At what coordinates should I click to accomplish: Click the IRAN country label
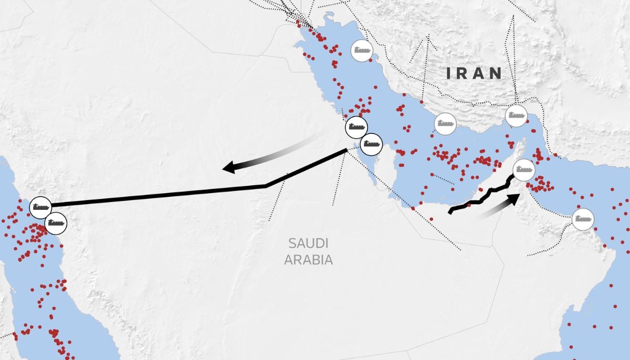click(x=474, y=73)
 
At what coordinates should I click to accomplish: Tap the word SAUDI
click(x=308, y=243)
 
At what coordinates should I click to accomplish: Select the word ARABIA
click(x=308, y=259)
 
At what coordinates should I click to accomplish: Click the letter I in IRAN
click(x=449, y=73)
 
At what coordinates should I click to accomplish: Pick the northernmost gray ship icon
click(x=362, y=51)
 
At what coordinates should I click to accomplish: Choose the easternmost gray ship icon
click(x=582, y=219)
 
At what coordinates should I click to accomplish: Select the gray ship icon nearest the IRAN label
click(x=516, y=116)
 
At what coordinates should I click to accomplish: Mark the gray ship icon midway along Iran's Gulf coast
click(x=445, y=124)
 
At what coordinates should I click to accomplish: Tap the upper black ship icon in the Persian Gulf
click(x=356, y=127)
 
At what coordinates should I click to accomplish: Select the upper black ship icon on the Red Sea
click(x=40, y=207)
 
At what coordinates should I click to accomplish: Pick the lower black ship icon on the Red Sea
click(x=56, y=223)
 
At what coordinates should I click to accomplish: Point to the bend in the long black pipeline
click(x=266, y=185)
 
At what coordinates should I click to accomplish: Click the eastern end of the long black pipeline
click(x=346, y=151)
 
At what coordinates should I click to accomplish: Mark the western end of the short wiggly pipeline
click(x=450, y=212)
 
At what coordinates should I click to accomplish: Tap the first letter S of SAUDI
click(x=292, y=243)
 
